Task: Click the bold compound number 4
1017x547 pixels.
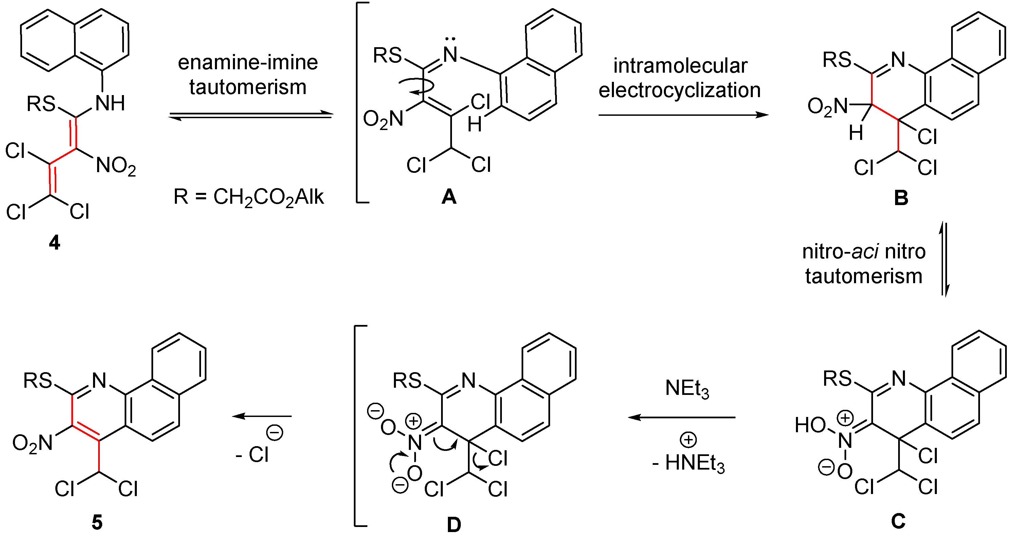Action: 54,242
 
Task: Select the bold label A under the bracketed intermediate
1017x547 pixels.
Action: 449,197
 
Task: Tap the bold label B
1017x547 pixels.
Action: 901,198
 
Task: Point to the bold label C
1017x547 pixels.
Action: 898,521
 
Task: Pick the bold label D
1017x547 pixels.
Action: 454,525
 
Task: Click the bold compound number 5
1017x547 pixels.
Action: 97,523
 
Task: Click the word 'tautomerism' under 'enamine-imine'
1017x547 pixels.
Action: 248,87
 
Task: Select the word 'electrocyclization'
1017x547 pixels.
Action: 679,90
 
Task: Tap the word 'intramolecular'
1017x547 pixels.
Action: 680,66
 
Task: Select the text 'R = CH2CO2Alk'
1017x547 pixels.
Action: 249,197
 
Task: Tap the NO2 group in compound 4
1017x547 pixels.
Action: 116,166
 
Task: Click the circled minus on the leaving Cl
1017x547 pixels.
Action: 275,433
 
